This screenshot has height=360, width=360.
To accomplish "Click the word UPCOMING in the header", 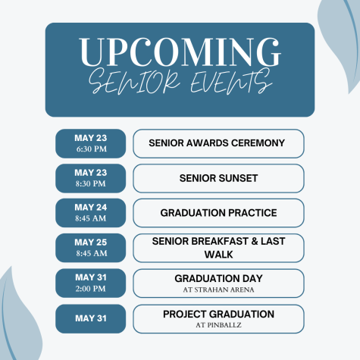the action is [x=180, y=52].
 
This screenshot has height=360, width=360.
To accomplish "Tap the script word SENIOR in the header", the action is [x=134, y=81].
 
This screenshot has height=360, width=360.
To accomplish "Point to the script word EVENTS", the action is [x=231, y=81].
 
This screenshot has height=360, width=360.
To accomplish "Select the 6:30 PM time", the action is [x=92, y=149].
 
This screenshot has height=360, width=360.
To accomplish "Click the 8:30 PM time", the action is [x=90, y=183].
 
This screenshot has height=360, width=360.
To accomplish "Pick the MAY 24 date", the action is [x=91, y=208].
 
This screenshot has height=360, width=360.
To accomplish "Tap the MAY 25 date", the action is [x=91, y=243].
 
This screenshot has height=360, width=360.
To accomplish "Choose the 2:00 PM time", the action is [x=90, y=289].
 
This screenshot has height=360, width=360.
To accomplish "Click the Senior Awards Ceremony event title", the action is [x=217, y=143].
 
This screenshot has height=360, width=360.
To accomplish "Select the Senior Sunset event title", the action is [x=218, y=178].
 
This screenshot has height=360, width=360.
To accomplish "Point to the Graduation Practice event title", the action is [x=218, y=213].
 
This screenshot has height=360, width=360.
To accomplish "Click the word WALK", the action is [x=218, y=255].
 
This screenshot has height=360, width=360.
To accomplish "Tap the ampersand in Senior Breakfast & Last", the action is [x=254, y=241].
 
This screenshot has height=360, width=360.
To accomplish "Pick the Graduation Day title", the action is [x=218, y=279].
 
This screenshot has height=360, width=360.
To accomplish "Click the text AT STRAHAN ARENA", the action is [x=218, y=290].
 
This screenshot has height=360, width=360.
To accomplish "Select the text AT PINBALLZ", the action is [x=218, y=325].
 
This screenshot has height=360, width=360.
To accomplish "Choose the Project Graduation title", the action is [x=218, y=315].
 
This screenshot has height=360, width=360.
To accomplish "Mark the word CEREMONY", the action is [x=258, y=143].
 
